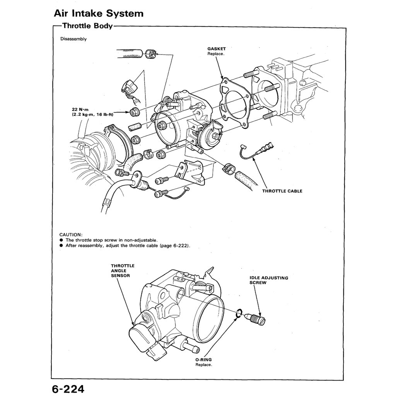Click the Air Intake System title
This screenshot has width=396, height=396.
pyautogui.click(x=99, y=14)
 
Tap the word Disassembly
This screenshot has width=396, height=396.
pyautogui.click(x=73, y=39)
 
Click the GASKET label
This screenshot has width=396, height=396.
pyautogui.click(x=216, y=49)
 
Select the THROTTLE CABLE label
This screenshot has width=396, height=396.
pyautogui.click(x=282, y=191)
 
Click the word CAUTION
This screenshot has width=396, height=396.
pyautogui.click(x=71, y=235)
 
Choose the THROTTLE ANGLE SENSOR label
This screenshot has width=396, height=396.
pyautogui.click(x=122, y=271)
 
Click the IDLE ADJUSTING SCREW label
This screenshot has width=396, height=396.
pyautogui.click(x=268, y=280)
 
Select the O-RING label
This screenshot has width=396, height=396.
pyautogui.click(x=203, y=360)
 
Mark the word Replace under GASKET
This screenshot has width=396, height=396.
pyautogui.click(x=216, y=54)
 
